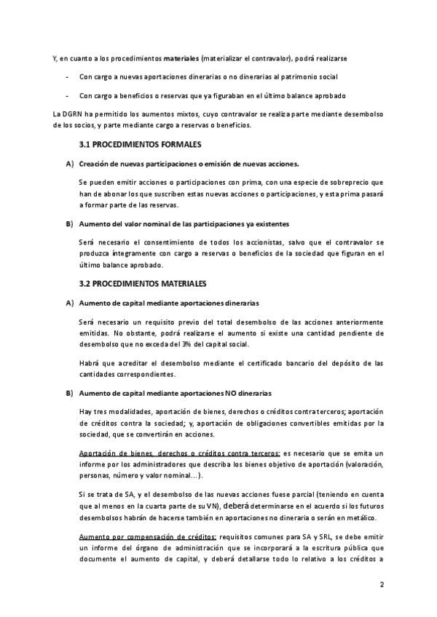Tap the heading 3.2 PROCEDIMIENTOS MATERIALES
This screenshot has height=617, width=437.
pos(143,282)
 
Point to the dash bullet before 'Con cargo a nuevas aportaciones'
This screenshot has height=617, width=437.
pos(67,76)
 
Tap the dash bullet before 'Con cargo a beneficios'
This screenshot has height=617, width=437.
pos(67,95)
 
